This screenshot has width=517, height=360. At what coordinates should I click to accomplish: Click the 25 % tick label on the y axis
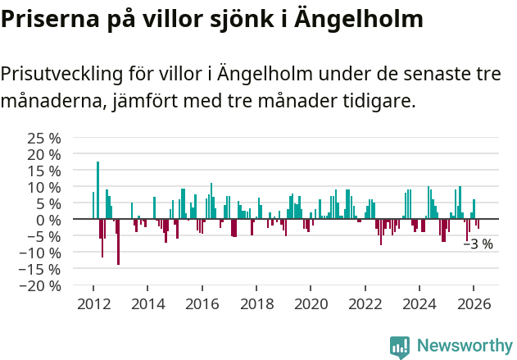point(43,137)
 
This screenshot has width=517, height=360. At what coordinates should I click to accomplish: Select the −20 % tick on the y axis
point(40,286)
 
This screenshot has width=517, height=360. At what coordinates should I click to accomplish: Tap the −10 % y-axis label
point(40,253)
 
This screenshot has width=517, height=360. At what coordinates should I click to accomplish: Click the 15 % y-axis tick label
point(43,170)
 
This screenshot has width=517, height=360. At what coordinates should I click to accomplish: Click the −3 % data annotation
point(478,244)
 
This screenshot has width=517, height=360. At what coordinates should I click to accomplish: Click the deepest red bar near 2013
point(118,242)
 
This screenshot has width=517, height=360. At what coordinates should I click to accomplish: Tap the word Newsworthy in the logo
point(464,347)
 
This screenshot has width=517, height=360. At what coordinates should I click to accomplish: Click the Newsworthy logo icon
point(400,347)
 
